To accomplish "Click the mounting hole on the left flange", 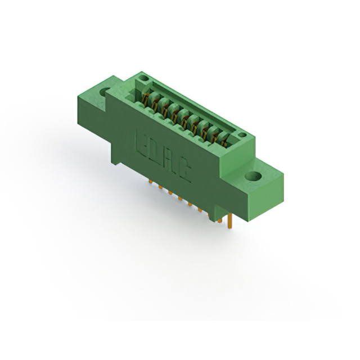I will click(x=104, y=91).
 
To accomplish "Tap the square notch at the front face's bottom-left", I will click(x=117, y=160).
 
